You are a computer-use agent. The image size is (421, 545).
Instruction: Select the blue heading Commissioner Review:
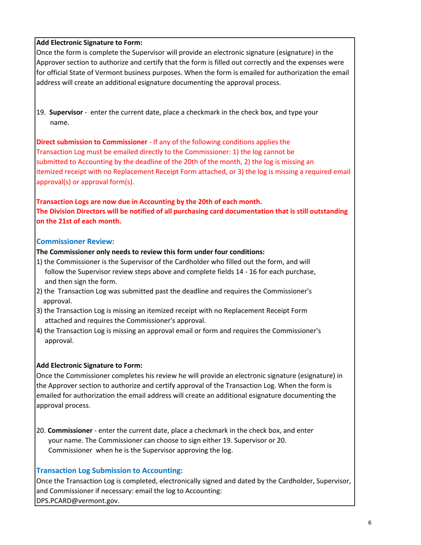click(75, 241)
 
